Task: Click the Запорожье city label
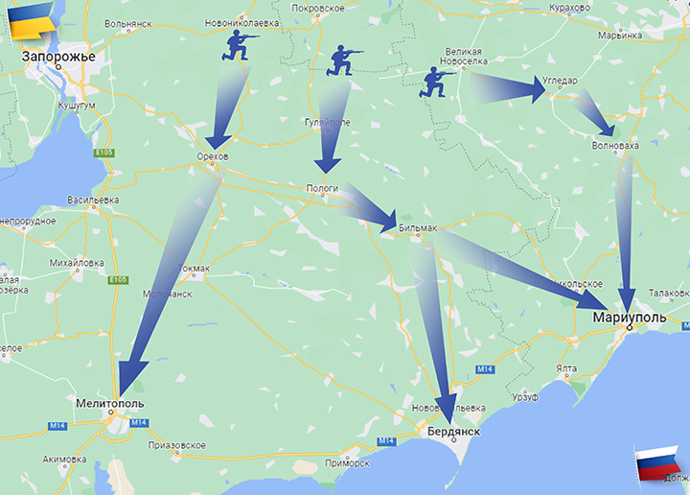59,58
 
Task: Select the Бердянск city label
452,433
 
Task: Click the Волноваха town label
615,146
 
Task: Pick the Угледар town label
562,82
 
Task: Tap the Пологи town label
322,189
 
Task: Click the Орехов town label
212,156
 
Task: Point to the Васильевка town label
93,200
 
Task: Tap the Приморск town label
348,462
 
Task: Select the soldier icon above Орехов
240,44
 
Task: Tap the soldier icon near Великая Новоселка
441,82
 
